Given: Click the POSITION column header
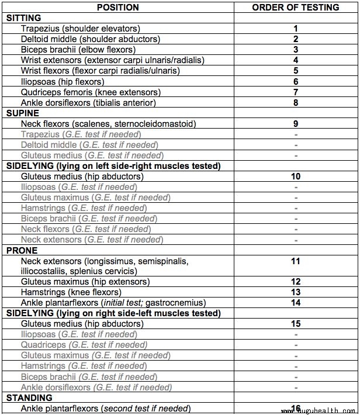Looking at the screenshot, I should click(x=117, y=8).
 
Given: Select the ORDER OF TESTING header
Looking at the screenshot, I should click(x=296, y=8).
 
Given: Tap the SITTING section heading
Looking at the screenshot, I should click(x=24, y=18).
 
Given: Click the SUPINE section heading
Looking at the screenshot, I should click(x=23, y=113).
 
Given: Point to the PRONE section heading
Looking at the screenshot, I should click(x=22, y=250).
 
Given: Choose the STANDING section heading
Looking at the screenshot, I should click(x=29, y=398).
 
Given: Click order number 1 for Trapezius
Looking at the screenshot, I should click(x=296, y=29).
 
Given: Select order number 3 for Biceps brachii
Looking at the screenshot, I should click(x=296, y=50).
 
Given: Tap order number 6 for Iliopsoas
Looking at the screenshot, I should click(x=296, y=81).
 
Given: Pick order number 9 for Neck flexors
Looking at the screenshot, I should click(x=296, y=123).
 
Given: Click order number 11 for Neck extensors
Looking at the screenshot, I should click(x=296, y=261).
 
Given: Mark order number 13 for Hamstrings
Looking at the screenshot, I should click(x=296, y=292).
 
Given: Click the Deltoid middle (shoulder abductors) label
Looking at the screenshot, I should click(x=90, y=39).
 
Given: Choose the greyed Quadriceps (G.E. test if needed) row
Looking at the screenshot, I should click(x=84, y=345).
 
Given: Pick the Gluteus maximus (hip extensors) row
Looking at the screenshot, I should click(x=85, y=282).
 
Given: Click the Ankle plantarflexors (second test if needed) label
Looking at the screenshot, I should click(x=105, y=409).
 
